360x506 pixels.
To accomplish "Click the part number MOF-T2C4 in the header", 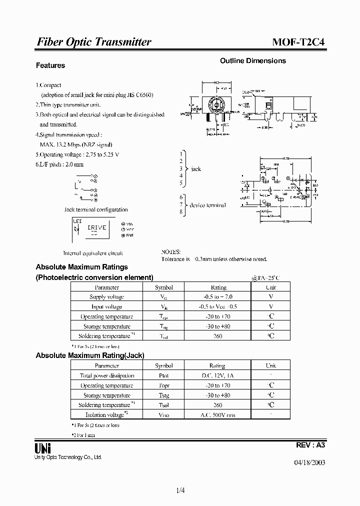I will (x=298, y=42).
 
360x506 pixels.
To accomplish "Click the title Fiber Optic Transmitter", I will (x=94, y=42).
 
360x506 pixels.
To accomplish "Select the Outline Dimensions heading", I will (x=253, y=60).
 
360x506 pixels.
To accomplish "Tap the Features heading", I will (x=50, y=65).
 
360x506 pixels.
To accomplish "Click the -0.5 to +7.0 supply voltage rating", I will (x=217, y=296).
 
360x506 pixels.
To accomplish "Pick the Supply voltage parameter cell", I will (x=107, y=296).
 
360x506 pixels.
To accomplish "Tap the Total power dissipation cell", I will (x=107, y=375).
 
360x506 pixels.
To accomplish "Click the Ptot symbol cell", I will (x=163, y=375).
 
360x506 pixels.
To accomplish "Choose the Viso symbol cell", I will (x=163, y=415).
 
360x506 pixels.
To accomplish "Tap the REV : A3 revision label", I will (x=311, y=444).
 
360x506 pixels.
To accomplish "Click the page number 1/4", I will (x=180, y=490).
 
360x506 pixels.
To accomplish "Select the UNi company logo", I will (x=42, y=446).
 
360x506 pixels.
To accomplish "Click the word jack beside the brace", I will (x=196, y=169).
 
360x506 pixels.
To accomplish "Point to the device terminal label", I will (x=207, y=205).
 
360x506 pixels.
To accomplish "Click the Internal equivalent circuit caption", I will (x=93, y=253).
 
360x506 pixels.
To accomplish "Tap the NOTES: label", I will (x=170, y=252).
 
